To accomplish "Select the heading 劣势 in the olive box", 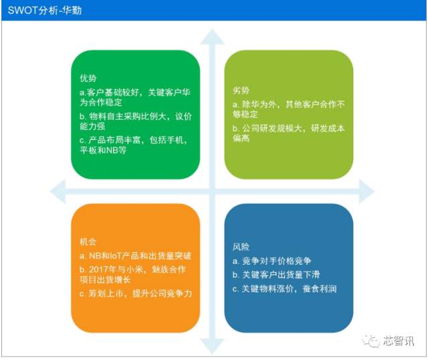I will (x=241, y=90).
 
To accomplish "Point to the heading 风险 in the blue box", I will (x=241, y=245).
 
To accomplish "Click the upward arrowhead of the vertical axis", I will (x=213, y=37).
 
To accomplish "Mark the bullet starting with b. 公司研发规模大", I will (x=288, y=133).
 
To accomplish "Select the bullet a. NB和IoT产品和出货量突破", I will (x=134, y=257).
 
